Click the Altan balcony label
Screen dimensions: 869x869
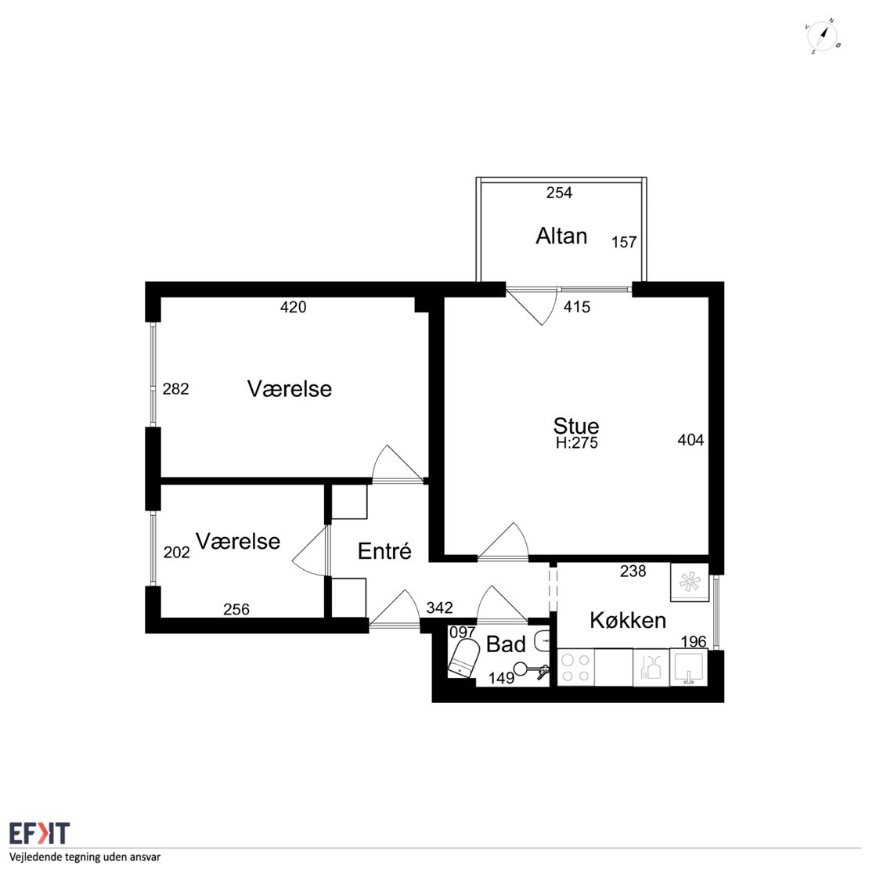(x=561, y=236)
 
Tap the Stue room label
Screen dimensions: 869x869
(x=576, y=426)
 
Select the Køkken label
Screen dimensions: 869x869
(x=627, y=620)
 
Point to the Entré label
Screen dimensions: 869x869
(x=384, y=551)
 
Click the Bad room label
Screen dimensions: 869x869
(x=506, y=644)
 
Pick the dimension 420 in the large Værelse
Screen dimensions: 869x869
(x=293, y=307)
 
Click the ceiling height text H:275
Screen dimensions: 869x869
(x=576, y=443)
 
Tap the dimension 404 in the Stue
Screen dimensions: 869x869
(x=691, y=440)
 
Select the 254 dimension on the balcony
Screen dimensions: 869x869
(x=559, y=193)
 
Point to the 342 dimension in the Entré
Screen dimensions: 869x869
(x=439, y=608)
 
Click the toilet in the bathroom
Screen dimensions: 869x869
(x=463, y=658)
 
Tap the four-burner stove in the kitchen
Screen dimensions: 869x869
(x=575, y=668)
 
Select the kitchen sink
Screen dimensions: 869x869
(x=689, y=667)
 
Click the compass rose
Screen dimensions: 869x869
(x=822, y=37)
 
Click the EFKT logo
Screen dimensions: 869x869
(x=39, y=833)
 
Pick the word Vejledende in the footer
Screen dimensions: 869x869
(x=35, y=857)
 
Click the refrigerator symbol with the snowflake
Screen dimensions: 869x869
(x=690, y=582)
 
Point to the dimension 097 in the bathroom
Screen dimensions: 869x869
(x=462, y=633)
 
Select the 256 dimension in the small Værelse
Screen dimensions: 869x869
(x=236, y=610)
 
